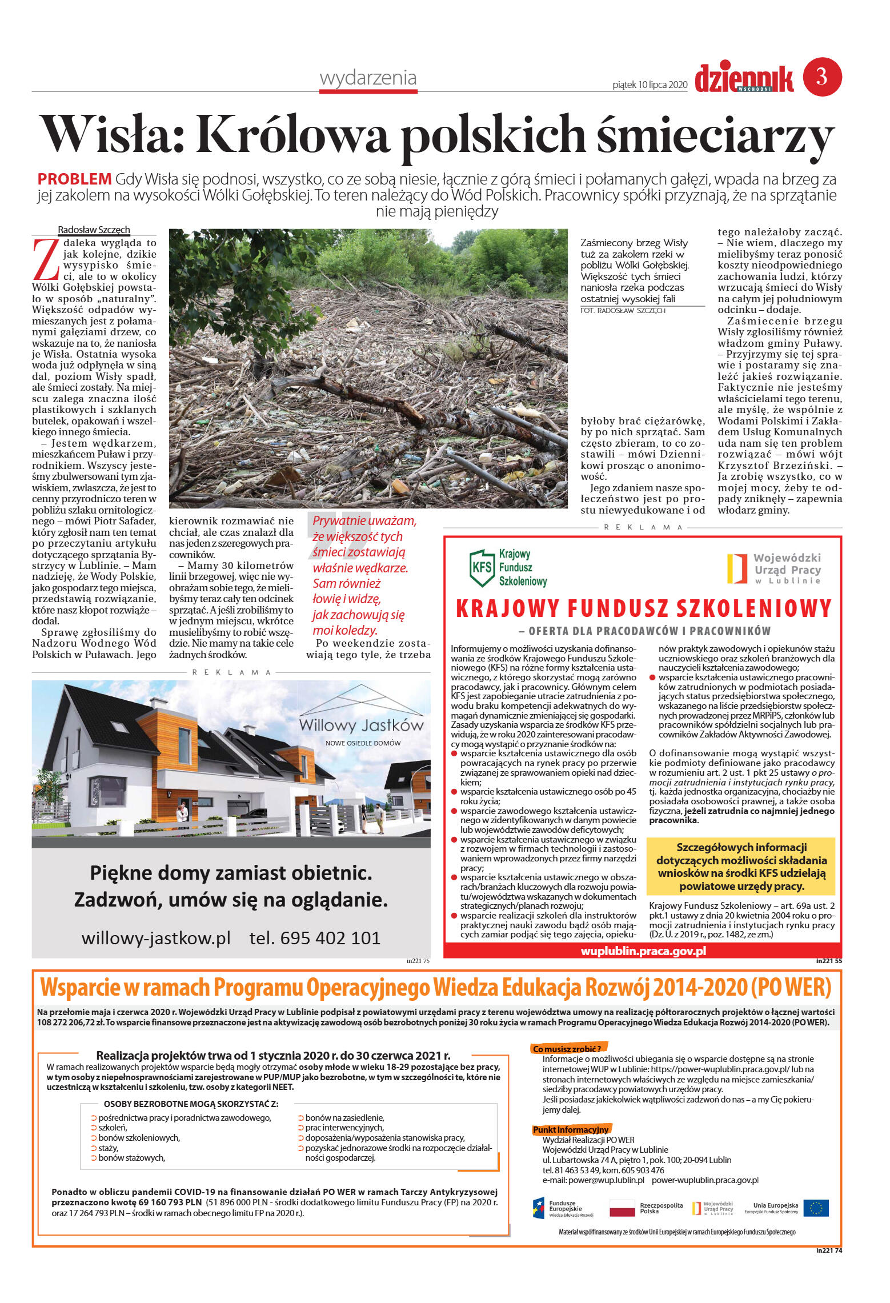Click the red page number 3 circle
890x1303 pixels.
click(822, 77)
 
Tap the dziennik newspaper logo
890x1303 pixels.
click(744, 78)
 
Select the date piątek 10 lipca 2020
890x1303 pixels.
click(650, 85)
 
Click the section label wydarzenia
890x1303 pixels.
click(368, 78)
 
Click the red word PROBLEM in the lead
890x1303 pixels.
click(74, 179)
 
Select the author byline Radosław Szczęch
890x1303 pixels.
click(94, 230)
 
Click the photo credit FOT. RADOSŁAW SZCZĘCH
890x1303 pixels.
click(623, 311)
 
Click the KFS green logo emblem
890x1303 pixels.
click(482, 568)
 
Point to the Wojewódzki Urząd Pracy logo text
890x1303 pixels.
click(787, 568)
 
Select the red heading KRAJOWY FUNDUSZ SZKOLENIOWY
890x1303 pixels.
click(643, 609)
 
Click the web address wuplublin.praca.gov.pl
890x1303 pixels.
click(643, 951)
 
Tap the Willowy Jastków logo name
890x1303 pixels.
click(361, 726)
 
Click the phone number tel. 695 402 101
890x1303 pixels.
click(315, 938)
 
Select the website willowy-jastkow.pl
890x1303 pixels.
click(156, 938)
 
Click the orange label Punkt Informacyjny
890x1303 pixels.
click(571, 1129)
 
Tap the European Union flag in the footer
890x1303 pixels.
click(816, 1208)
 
